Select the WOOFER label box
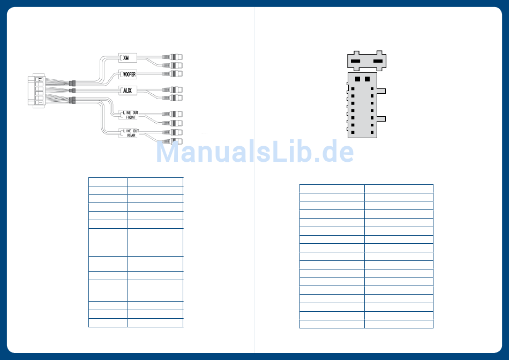point(128,74)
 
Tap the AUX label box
point(128,91)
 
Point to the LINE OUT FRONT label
point(130,114)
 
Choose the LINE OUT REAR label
point(130,133)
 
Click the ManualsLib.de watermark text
point(254,152)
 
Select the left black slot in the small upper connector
point(355,62)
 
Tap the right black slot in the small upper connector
point(378,62)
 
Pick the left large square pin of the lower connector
point(357,79)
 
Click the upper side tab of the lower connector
point(381,91)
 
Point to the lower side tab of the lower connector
point(381,118)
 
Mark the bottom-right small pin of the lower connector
point(372,132)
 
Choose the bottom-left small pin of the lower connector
point(353,132)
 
